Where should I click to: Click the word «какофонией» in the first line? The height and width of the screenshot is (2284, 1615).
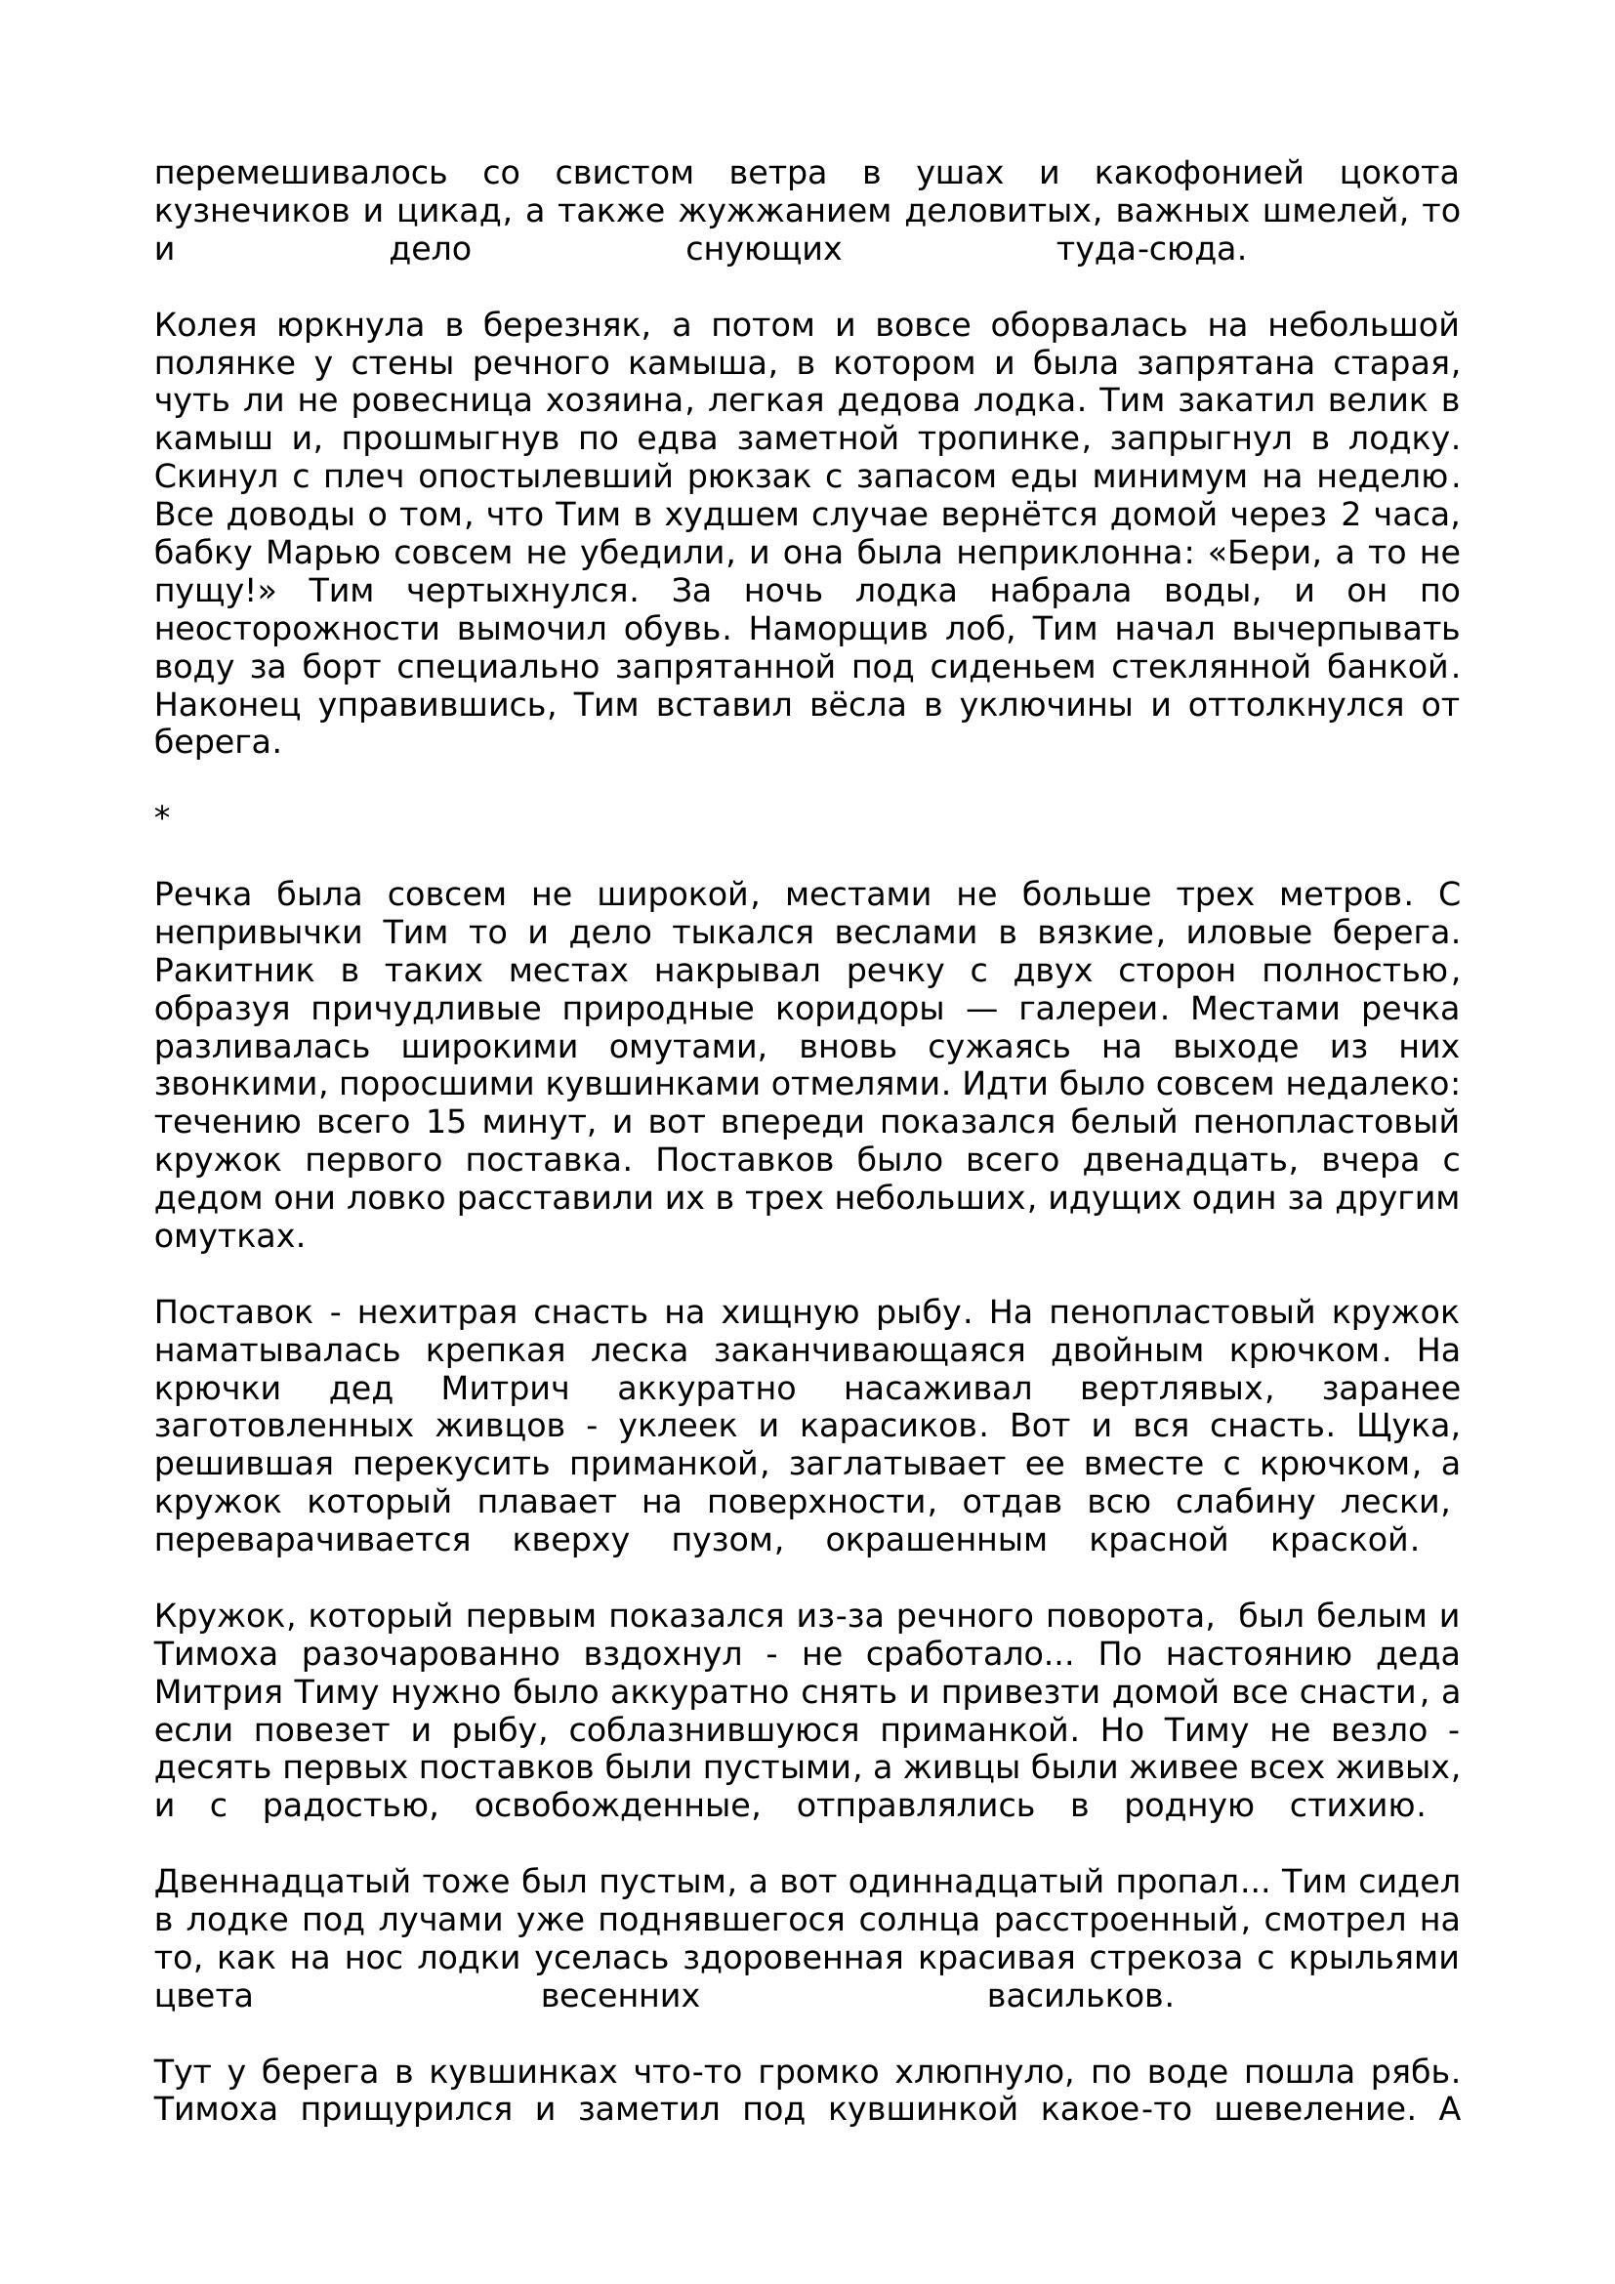tap(1198, 173)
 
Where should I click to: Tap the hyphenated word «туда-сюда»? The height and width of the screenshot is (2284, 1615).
tap(1150, 250)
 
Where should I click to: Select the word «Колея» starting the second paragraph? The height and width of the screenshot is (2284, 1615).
tap(206, 325)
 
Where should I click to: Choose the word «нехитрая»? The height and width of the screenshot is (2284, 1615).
tap(436, 1313)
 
